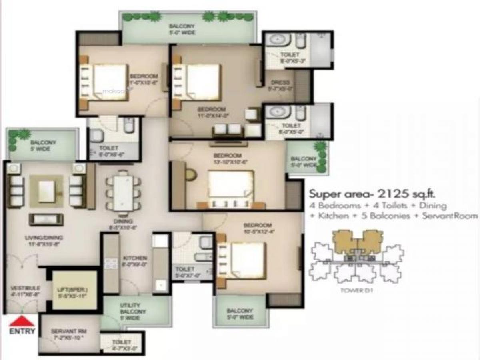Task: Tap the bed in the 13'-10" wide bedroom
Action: tap(231, 186)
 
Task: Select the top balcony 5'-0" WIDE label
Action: tap(182, 30)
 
